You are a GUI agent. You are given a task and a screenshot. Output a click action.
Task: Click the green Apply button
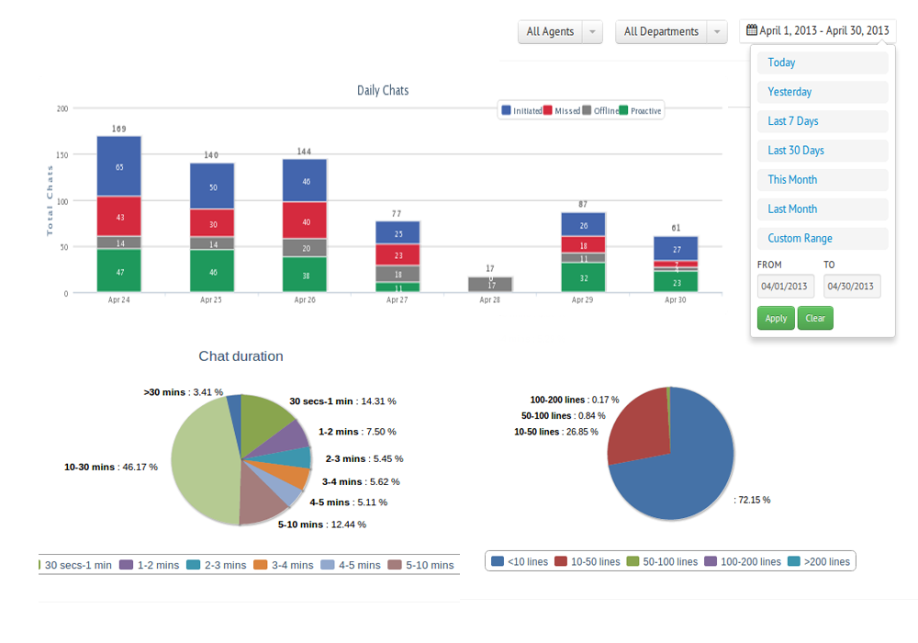776,318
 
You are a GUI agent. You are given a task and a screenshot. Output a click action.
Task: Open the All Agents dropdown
560,31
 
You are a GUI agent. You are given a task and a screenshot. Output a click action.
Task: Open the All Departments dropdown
671,31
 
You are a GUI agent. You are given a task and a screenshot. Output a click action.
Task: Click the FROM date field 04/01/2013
785,286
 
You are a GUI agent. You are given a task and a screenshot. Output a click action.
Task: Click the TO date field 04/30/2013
851,286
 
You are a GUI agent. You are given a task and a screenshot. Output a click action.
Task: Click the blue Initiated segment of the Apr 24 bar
118,166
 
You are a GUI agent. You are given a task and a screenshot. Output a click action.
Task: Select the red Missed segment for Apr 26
305,220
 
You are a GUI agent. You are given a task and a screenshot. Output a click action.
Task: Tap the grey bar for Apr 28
490,285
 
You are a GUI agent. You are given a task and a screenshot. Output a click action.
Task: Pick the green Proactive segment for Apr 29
583,277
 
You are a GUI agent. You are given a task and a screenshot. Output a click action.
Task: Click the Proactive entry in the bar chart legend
640,110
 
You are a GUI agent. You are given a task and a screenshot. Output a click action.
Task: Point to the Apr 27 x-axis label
397,299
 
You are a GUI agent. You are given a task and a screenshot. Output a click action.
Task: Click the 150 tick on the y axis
62,155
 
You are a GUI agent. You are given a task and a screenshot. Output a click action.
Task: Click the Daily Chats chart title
383,90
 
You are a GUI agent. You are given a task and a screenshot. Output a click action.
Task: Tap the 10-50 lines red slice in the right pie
637,427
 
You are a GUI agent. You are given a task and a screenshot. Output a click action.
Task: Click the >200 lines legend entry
819,561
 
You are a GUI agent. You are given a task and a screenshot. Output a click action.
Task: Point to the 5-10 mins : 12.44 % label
322,525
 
